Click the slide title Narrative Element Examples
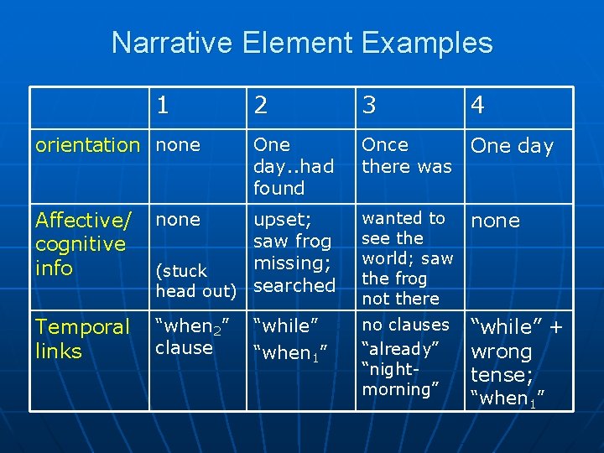(302, 43)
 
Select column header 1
(163, 105)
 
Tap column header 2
(262, 105)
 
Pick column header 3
(369, 105)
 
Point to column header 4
(478, 105)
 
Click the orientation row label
(87, 145)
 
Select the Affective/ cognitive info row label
(83, 244)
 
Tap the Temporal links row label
(82, 339)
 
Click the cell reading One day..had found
(293, 166)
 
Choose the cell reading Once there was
(406, 155)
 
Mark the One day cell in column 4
(512, 146)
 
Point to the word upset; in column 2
(282, 220)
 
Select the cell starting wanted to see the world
(407, 258)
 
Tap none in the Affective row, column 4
(495, 221)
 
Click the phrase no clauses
(405, 325)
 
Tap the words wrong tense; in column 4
(502, 362)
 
